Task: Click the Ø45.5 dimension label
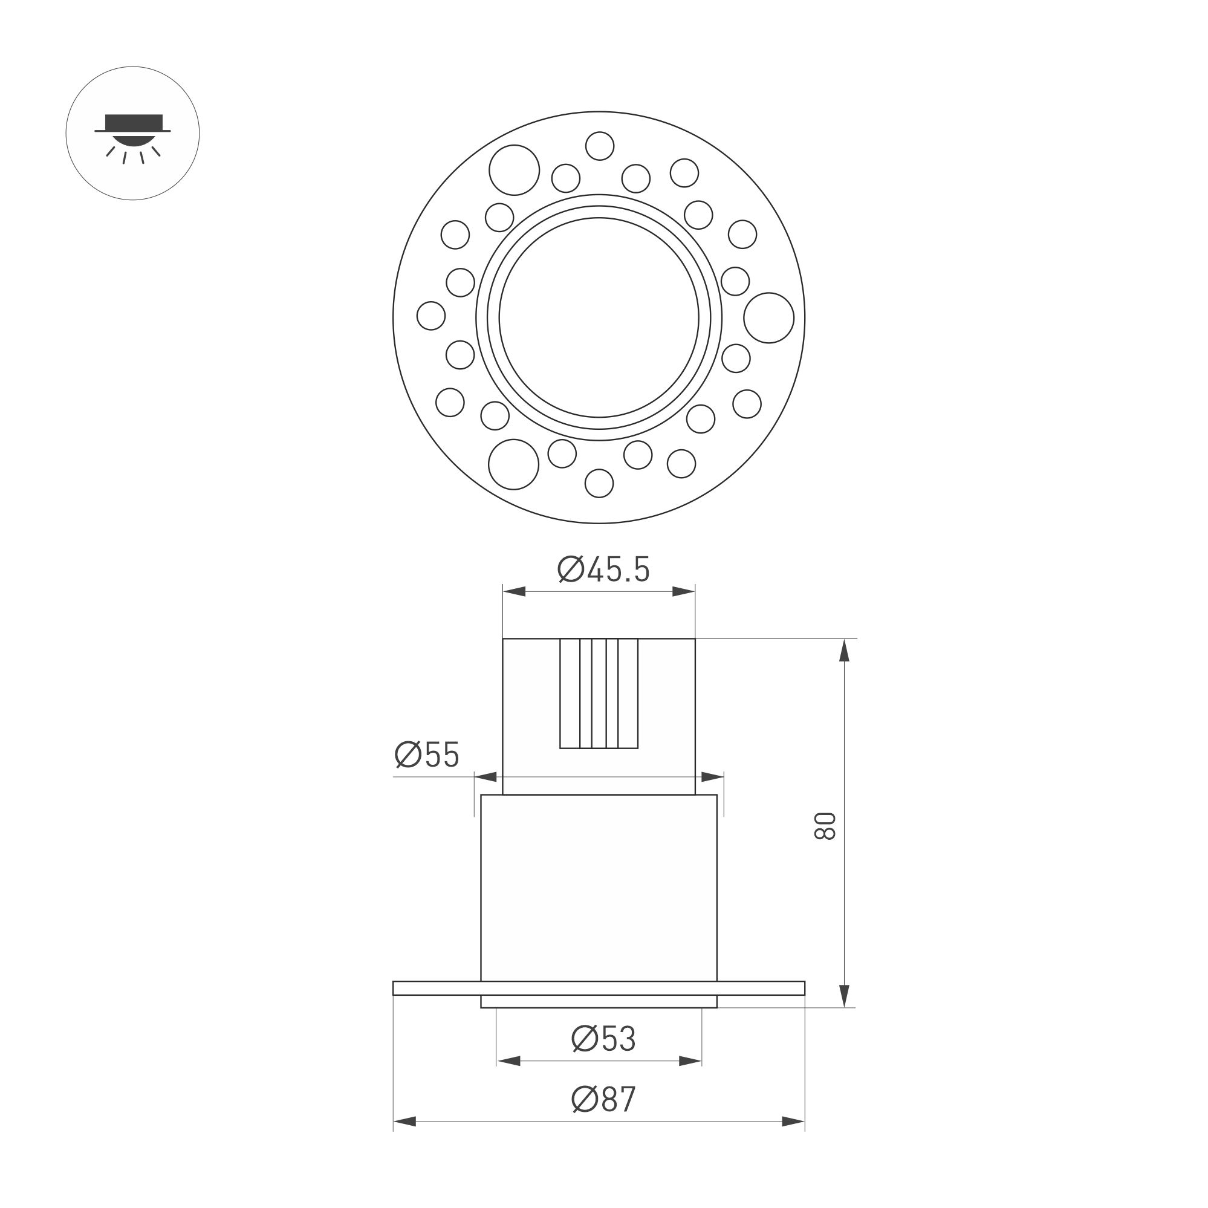coord(603,570)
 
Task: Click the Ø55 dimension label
coord(427,755)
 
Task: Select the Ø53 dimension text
coord(603,1039)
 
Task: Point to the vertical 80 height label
coord(825,826)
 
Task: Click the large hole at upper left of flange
coord(514,170)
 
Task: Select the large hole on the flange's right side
coord(768,317)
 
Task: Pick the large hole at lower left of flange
coord(513,464)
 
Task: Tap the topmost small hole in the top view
coord(600,146)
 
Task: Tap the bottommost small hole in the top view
coord(599,483)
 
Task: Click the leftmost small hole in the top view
coord(431,315)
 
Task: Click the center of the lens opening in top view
coord(599,317)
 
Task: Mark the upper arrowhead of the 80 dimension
coord(844,651)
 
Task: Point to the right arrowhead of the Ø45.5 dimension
coord(684,591)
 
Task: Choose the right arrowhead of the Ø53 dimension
coord(690,1061)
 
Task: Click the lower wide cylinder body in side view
coord(599,888)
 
